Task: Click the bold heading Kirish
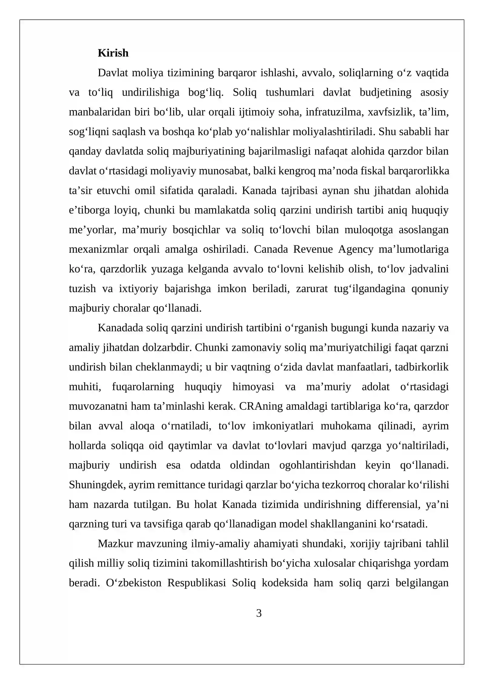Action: point(113,53)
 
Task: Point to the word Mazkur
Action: point(115,544)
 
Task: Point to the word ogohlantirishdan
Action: point(317,465)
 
